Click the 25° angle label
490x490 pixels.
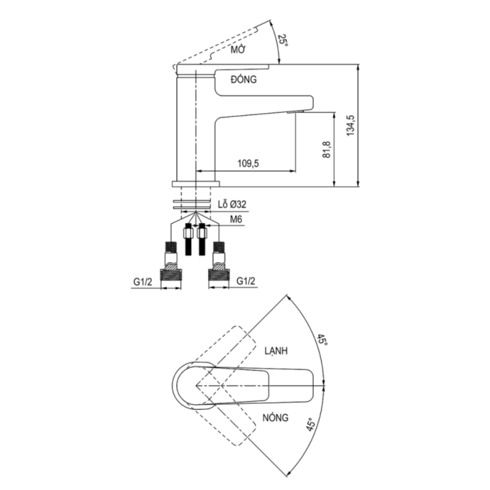(283, 40)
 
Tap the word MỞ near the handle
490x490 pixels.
(238, 50)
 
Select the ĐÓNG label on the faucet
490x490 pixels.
(244, 79)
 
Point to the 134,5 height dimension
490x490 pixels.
(350, 126)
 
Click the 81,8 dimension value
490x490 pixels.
(326, 149)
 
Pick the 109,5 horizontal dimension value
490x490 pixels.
(248, 163)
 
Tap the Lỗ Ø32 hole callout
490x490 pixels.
(232, 205)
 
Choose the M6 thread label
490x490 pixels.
(236, 219)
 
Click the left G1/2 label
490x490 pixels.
(143, 282)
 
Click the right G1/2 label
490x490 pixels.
(246, 281)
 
